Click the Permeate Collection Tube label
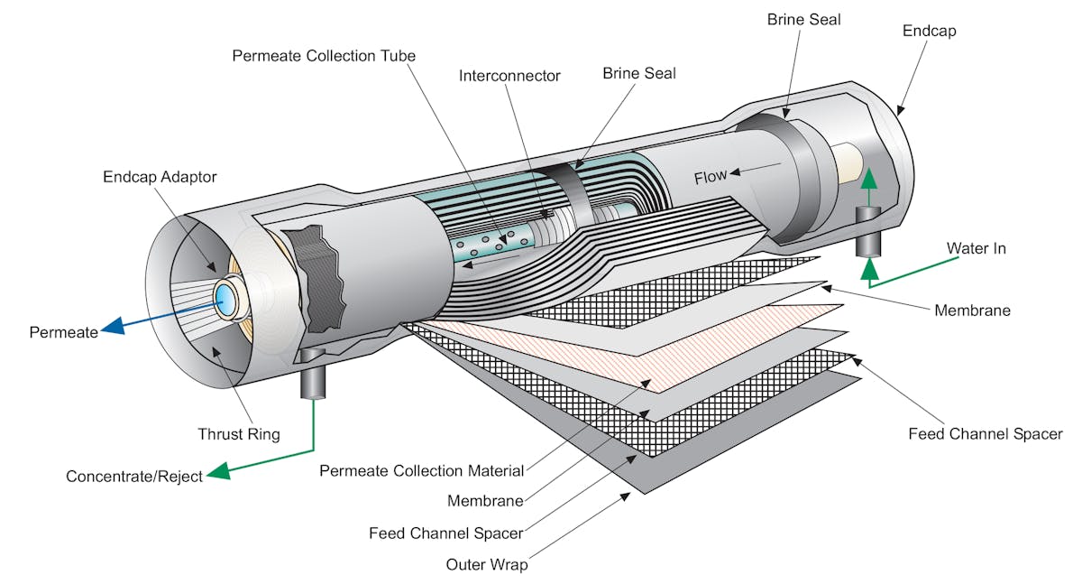[x=324, y=56]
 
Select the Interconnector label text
[x=509, y=76]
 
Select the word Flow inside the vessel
[x=711, y=177]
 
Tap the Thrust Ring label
[x=239, y=434]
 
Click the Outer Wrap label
[x=487, y=565]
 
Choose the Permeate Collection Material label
[x=422, y=470]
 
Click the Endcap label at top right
[x=929, y=31]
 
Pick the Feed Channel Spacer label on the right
[x=986, y=434]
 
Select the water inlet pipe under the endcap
[x=868, y=231]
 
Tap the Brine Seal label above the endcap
[x=804, y=19]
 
